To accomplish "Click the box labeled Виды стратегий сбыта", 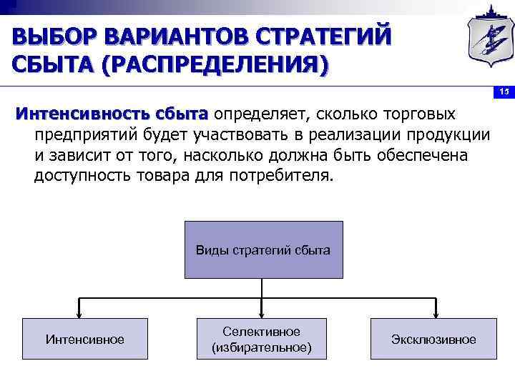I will coord(263,249).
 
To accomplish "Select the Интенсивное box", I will coord(84,339).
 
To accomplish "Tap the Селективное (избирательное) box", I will coord(262,339).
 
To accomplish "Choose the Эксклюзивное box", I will coord(433,339).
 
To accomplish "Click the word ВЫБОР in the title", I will coord(54,36).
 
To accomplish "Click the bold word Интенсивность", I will coord(79,114).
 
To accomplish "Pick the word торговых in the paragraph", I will coord(422,114).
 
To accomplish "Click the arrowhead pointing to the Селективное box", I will coord(262,312).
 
